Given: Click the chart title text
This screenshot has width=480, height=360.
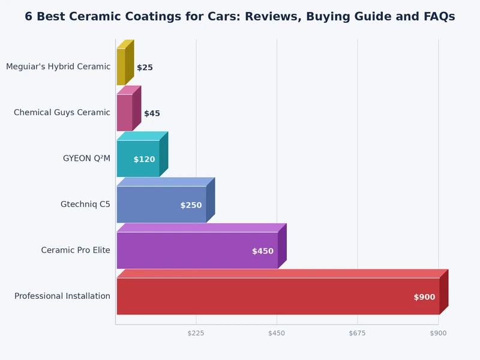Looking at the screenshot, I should [240, 17].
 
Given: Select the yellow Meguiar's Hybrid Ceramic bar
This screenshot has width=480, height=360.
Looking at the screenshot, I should [121, 67].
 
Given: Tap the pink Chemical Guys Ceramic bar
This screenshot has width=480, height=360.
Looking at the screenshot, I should [124, 112].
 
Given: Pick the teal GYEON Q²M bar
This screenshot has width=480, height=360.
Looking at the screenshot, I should [138, 158].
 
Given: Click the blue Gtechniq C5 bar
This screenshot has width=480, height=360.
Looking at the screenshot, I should [161, 205].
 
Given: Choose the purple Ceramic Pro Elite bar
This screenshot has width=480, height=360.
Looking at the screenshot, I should [197, 250].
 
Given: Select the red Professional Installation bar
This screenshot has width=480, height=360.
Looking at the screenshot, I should [277, 296].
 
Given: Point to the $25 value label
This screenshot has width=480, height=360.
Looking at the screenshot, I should [145, 68].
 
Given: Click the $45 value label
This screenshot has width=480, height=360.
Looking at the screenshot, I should [152, 113].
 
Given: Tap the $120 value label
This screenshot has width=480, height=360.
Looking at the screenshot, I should [144, 160].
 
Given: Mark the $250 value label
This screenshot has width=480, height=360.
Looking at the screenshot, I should [191, 205].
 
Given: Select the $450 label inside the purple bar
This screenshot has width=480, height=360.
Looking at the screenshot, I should [262, 251].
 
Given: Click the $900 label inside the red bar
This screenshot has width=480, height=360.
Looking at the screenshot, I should [424, 297].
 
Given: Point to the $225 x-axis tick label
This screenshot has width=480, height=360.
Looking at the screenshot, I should [196, 333].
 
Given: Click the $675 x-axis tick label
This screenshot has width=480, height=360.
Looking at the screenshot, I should [357, 333].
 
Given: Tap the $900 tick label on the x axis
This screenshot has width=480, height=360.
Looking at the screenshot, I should [438, 333].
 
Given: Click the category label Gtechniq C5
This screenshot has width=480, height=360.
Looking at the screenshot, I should [85, 204].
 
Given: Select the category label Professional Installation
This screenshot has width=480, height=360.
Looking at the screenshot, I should [62, 296].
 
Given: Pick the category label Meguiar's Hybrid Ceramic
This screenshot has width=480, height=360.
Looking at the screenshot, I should [58, 67].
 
